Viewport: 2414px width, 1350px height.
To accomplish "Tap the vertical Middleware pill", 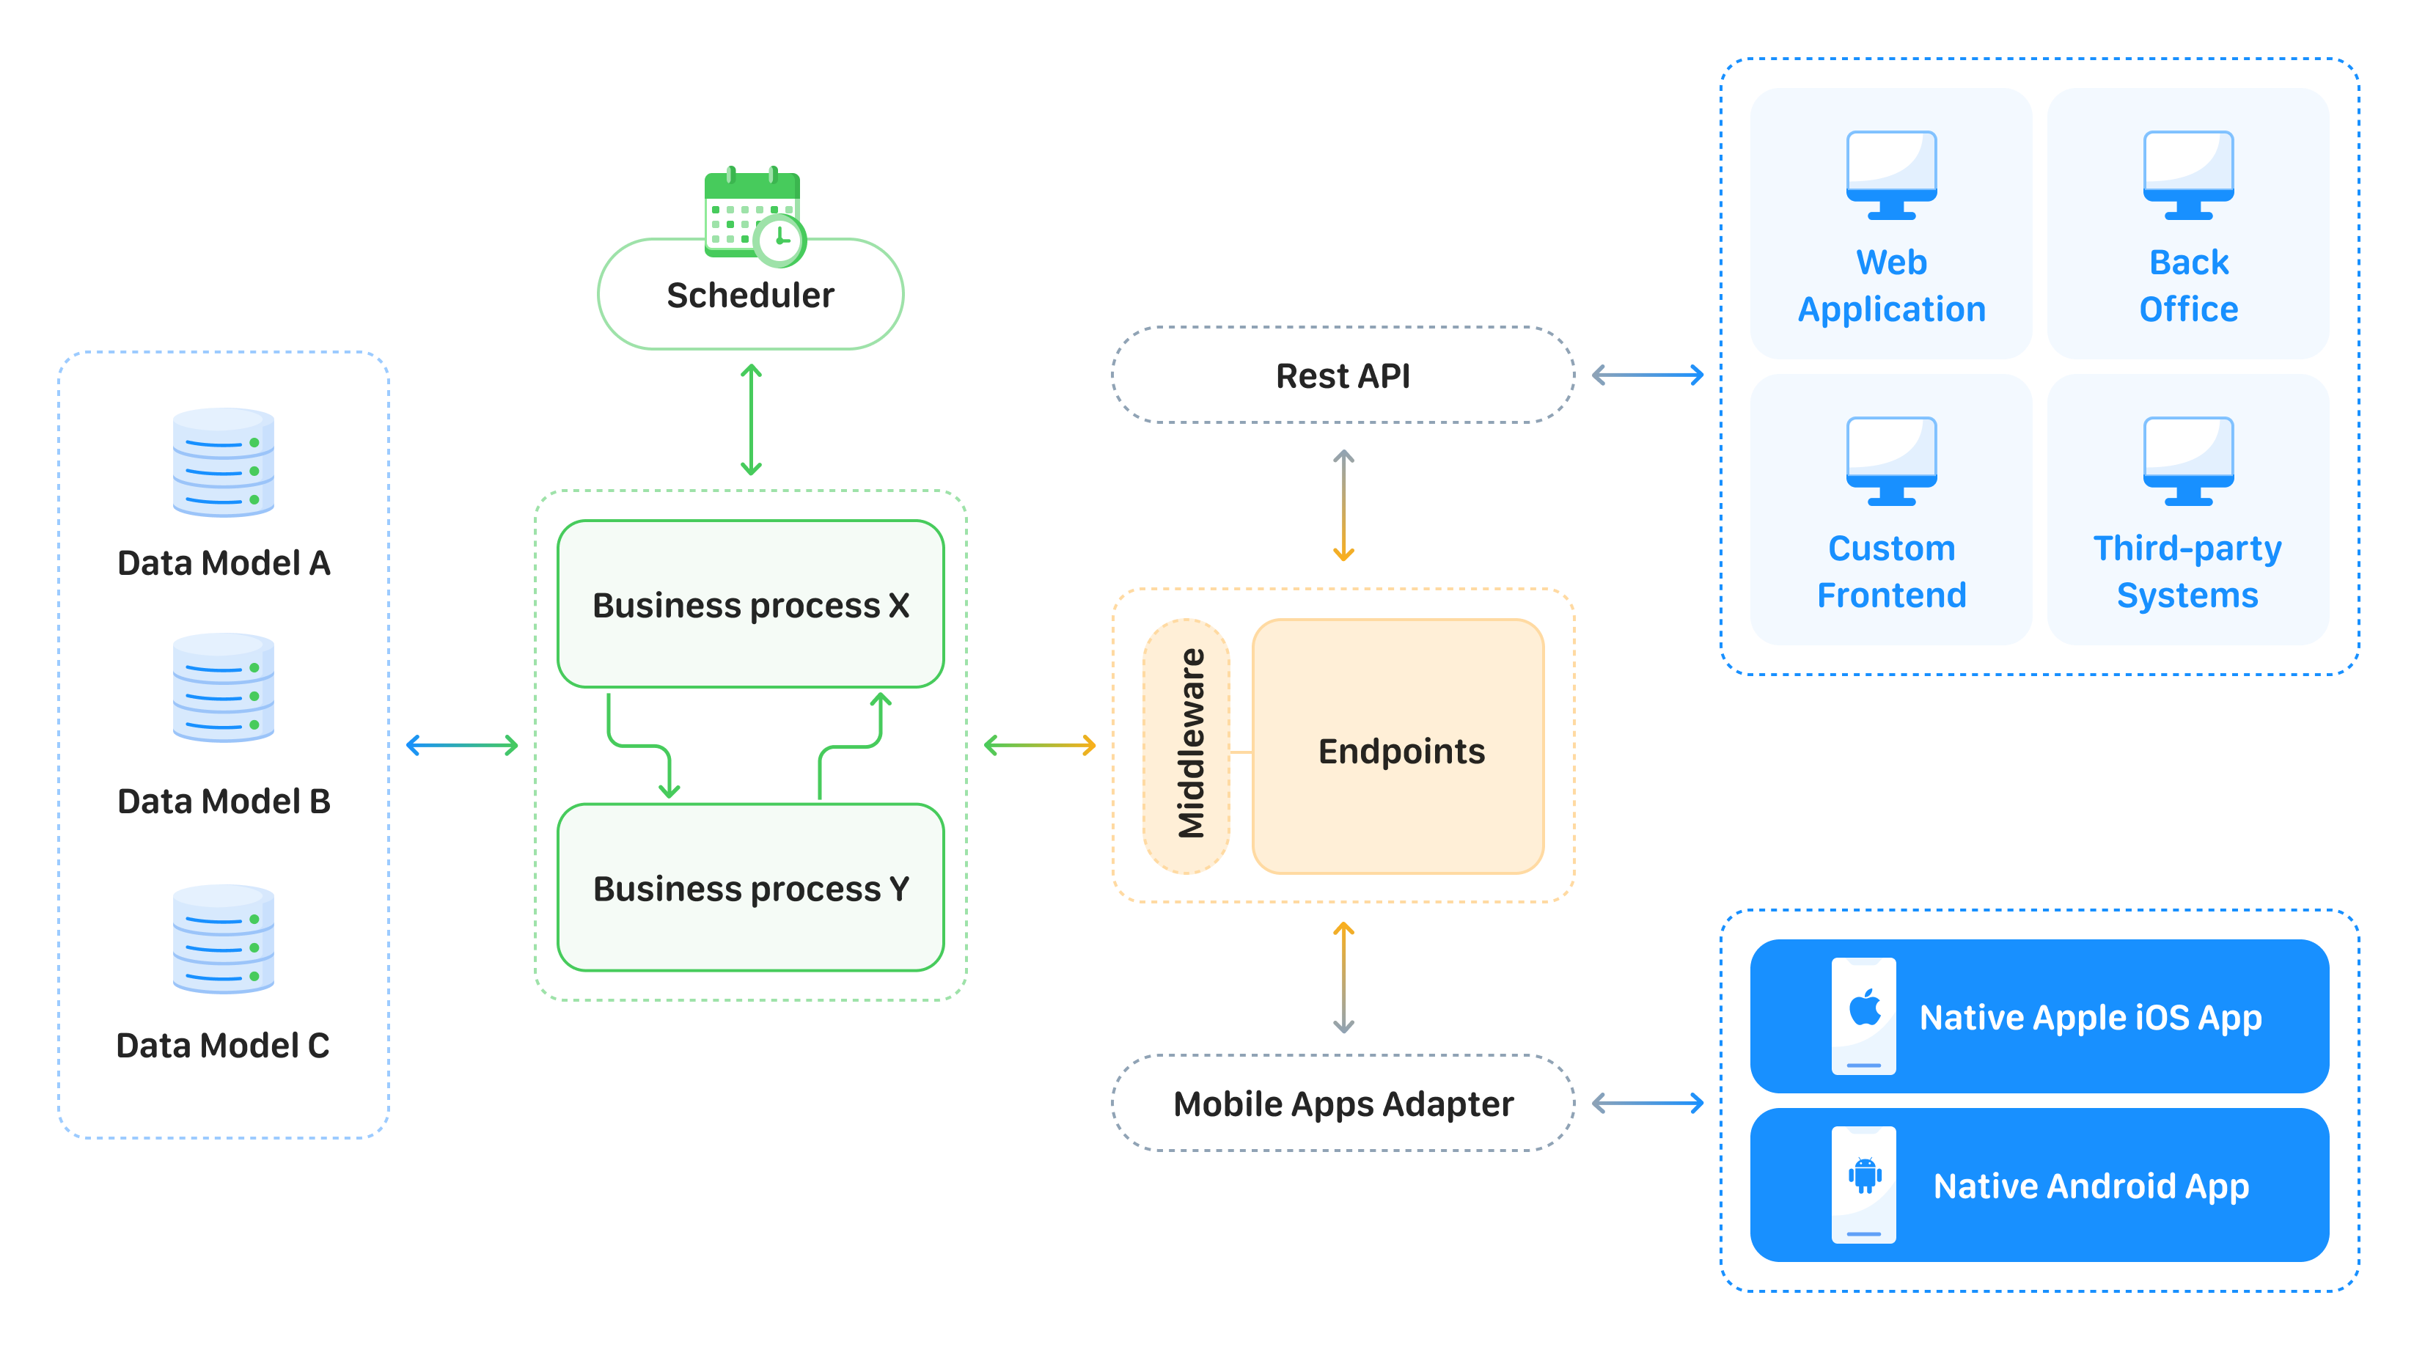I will (1186, 746).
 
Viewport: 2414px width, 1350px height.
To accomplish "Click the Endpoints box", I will (1399, 750).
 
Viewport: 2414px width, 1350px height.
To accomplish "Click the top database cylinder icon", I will (223, 462).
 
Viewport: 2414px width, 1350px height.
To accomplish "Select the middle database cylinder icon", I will (223, 688).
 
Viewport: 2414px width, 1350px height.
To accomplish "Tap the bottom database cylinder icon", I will (223, 939).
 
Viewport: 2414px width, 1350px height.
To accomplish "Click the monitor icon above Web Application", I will (1891, 175).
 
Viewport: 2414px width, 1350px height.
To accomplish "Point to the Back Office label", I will (2188, 286).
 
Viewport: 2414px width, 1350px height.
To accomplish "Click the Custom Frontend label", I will (1891, 571).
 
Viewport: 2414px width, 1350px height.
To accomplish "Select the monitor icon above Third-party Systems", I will (2188, 461).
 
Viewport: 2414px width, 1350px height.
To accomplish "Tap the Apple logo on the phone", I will (1865, 1008).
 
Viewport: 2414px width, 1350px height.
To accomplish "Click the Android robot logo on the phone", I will (1865, 1175).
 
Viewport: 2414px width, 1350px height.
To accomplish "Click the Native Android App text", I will (2091, 1186).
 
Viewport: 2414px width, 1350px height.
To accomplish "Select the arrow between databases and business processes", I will (462, 746).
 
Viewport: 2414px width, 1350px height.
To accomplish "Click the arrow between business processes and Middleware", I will (1039, 746).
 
